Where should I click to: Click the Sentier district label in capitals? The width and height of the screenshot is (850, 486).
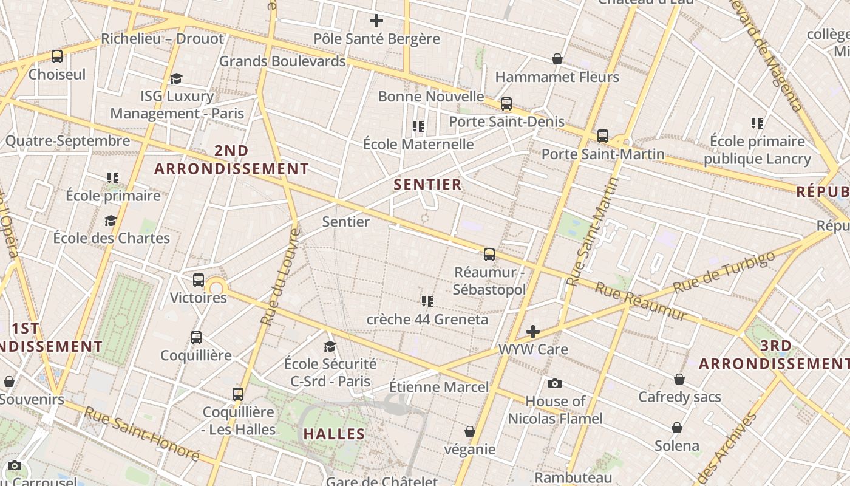tap(428, 185)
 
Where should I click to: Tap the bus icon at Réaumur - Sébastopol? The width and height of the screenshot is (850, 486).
tap(489, 255)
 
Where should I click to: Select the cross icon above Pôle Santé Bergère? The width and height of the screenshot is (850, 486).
tap(376, 21)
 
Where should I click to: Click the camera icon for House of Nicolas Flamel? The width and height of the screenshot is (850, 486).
tap(555, 383)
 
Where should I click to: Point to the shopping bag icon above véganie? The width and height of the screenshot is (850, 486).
tap(470, 431)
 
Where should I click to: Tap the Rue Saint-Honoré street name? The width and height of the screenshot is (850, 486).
tap(141, 433)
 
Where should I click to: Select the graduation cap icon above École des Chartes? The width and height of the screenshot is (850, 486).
tap(110, 221)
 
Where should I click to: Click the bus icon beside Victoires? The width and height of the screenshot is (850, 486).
tap(199, 280)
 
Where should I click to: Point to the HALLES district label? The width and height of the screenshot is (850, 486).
tap(334, 434)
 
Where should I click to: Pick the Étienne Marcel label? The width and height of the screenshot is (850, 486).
tap(438, 387)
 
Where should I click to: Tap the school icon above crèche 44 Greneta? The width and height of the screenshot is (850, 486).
tap(427, 301)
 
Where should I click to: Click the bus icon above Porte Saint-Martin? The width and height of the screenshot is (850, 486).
tap(603, 136)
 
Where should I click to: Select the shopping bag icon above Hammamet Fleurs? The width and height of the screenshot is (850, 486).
tap(557, 59)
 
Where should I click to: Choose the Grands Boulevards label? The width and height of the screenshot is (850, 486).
tap(282, 61)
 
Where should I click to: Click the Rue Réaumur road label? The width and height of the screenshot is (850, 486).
tap(640, 301)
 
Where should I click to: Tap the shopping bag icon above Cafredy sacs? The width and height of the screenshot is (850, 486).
tap(679, 379)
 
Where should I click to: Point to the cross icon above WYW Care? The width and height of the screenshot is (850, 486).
tap(533, 332)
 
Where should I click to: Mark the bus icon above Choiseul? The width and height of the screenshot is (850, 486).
tap(57, 56)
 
